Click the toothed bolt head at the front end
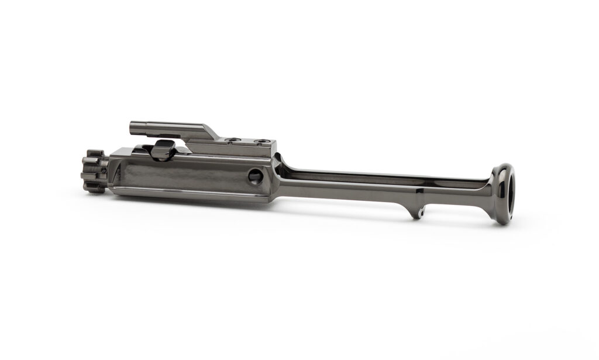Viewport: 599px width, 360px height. (94, 170)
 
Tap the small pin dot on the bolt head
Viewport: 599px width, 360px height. (103, 170)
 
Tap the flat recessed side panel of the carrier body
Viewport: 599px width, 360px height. (187, 175)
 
